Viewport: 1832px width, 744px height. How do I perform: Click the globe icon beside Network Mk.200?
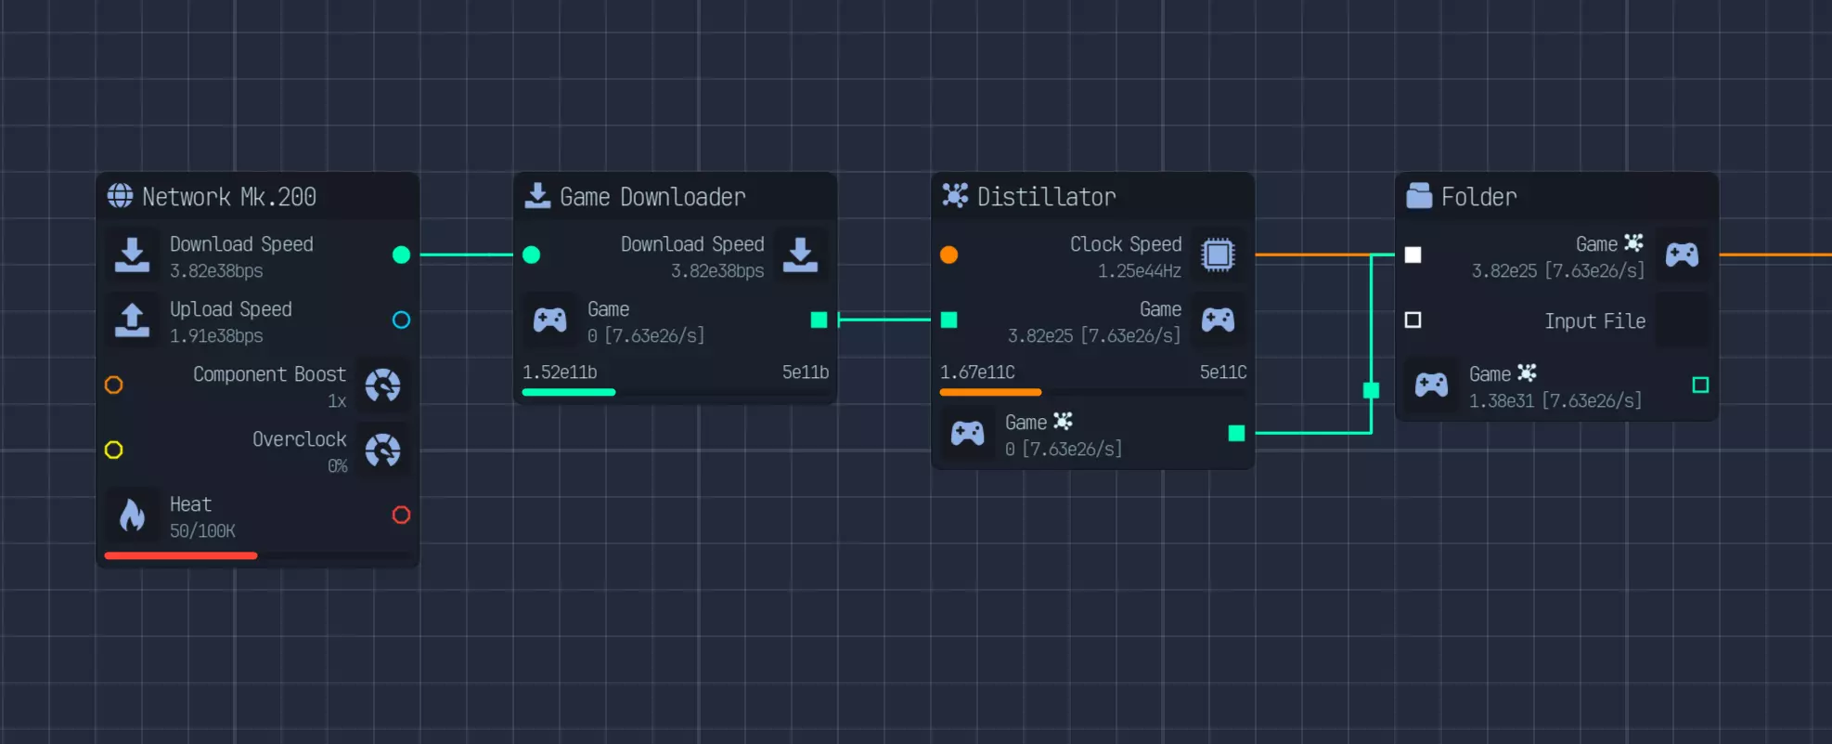(120, 196)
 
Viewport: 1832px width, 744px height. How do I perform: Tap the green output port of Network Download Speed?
(401, 255)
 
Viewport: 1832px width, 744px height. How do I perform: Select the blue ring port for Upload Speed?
(401, 320)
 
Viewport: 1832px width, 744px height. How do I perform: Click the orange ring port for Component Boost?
(113, 385)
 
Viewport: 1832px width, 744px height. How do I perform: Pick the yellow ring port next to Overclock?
(113, 450)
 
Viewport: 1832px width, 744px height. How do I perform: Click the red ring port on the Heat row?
(401, 515)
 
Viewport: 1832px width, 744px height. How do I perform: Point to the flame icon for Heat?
(132, 515)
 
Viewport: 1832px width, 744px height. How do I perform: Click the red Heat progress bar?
(181, 555)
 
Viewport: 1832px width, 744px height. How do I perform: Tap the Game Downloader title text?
(652, 197)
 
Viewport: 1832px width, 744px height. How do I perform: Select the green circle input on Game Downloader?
(531, 255)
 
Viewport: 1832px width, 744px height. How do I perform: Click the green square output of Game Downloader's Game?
(819, 320)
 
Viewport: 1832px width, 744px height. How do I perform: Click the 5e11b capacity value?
(805, 372)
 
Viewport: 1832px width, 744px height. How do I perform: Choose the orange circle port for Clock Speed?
(948, 255)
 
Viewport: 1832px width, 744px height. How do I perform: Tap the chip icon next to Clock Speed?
(1218, 255)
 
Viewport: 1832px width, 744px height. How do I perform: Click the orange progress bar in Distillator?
(990, 392)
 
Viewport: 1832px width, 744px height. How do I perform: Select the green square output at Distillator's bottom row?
(1236, 433)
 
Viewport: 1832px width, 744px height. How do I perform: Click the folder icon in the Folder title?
(1419, 196)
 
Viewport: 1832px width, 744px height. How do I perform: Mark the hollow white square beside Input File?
(1413, 320)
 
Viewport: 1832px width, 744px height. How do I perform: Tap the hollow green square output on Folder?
(1700, 385)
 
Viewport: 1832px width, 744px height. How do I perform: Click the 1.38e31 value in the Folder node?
(1501, 400)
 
